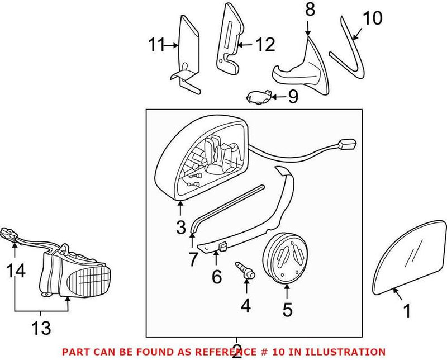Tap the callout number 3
click(181, 228)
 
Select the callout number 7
click(193, 258)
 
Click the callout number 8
click(310, 10)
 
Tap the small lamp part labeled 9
click(259, 97)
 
